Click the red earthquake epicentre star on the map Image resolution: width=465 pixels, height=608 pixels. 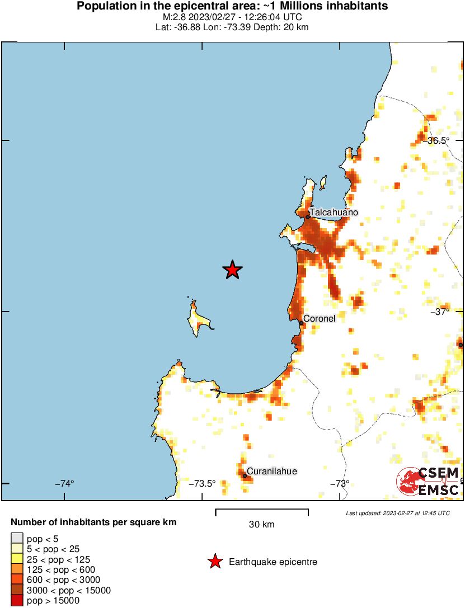pos(232,270)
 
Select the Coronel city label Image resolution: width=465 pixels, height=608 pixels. pos(319,318)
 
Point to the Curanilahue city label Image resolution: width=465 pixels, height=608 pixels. pos(272,471)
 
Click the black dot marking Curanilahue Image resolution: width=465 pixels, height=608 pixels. pos(245,476)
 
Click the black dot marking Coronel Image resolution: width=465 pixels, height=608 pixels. pos(301,323)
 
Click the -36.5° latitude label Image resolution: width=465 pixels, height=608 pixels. pos(438,140)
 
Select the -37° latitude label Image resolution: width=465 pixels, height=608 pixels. pos(440,312)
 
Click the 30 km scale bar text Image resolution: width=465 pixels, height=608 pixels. pos(261,525)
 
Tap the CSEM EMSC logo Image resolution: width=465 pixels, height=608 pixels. pos(429,481)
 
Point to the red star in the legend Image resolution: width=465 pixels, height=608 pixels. pos(215,562)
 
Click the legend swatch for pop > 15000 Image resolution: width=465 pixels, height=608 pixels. pos(17,601)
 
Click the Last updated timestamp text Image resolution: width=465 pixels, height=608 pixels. pos(397,513)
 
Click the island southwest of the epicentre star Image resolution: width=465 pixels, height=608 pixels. pos(197,319)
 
